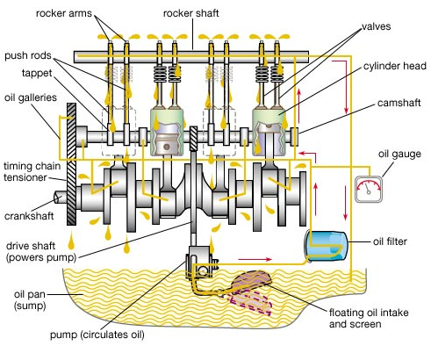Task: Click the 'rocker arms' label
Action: [64, 13]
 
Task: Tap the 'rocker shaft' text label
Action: [190, 13]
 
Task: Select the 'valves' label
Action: [377, 26]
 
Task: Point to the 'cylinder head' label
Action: [395, 66]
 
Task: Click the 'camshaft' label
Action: [399, 103]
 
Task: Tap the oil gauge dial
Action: [369, 189]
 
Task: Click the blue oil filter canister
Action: [327, 245]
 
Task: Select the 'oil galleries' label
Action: [31, 97]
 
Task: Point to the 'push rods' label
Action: [28, 55]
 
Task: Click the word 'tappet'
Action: [37, 73]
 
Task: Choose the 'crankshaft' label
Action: [29, 216]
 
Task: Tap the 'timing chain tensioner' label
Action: [32, 172]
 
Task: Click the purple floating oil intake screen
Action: [251, 292]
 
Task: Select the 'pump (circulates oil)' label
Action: [97, 335]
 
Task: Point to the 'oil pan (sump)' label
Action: [30, 300]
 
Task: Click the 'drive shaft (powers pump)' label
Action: [41, 251]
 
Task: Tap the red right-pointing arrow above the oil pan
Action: [255, 259]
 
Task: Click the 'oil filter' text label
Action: [390, 241]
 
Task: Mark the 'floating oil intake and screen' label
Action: [369, 318]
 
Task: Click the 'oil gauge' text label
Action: [399, 155]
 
